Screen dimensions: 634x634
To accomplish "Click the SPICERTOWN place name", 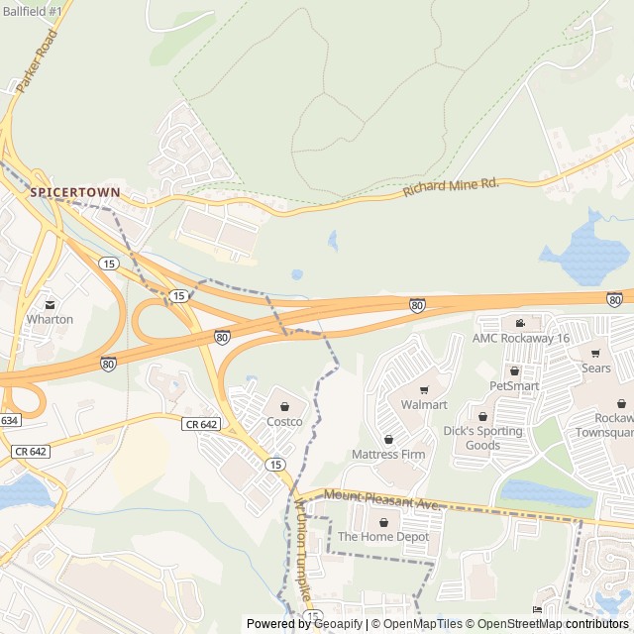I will (74, 192).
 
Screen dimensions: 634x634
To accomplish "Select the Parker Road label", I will (38, 61).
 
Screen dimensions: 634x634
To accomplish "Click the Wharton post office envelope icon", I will (50, 303).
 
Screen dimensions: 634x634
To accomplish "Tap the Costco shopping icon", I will (284, 406).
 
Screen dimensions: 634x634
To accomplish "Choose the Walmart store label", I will (424, 405).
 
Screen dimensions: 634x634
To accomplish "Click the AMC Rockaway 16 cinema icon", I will (520, 323).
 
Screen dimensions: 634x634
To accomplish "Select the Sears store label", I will (596, 369).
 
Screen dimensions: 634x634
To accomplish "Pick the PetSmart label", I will (513, 384).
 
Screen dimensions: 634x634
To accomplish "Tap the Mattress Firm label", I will (387, 455).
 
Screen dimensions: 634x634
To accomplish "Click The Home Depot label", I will (383, 537).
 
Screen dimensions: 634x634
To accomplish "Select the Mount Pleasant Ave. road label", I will (381, 503).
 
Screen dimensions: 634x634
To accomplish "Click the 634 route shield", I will (8, 420).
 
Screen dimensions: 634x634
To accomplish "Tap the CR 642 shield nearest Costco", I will (202, 424).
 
